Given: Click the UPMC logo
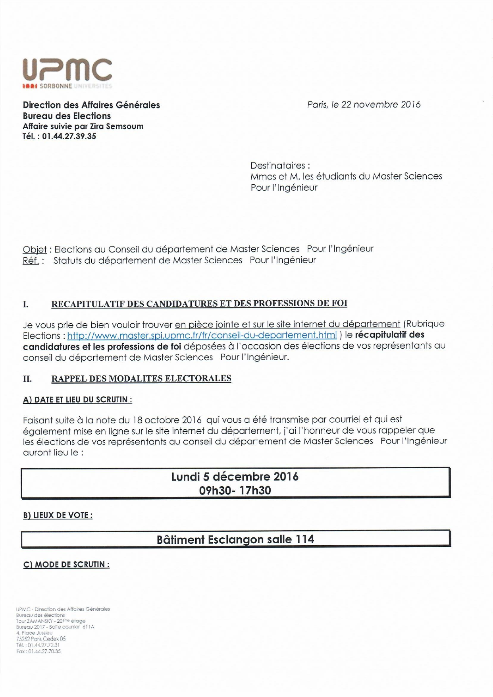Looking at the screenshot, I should coord(67,73).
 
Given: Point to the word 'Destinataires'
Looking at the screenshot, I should coord(278,165).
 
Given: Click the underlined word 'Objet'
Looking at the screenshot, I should coord(35,249).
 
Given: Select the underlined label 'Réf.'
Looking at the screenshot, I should coord(31,261).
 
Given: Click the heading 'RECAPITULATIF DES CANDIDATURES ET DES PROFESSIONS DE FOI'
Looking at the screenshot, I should coord(199,304).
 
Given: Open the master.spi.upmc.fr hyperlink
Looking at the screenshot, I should coord(202,335).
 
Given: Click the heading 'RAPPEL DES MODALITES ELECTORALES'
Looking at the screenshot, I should coord(141,378).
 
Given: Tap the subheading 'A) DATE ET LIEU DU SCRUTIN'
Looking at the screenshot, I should coord(77,400).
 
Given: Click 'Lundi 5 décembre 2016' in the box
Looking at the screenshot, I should coord(235,477).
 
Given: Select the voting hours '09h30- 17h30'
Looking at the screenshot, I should coord(235,490).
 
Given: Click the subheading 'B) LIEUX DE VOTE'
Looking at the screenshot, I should coord(58,515).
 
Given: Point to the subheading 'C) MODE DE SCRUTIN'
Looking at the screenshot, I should coord(66,564).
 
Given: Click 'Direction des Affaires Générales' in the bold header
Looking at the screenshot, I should coord(91,105).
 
